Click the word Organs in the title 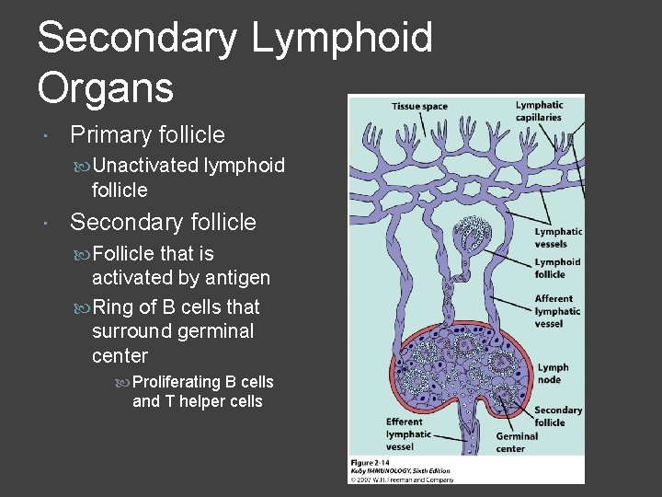[x=105, y=87]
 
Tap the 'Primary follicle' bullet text [x=147, y=135]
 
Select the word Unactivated [x=145, y=166]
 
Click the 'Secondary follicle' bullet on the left [x=163, y=223]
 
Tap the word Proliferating [x=177, y=381]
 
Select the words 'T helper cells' [x=209, y=401]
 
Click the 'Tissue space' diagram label [x=419, y=107]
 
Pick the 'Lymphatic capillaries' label [x=540, y=111]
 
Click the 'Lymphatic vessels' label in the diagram [x=558, y=237]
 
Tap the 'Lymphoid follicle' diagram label [x=557, y=268]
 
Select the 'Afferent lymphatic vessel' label [x=557, y=311]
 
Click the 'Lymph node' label [x=553, y=373]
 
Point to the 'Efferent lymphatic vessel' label [x=408, y=434]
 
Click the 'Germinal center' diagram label [x=517, y=442]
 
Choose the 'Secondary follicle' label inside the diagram [x=558, y=416]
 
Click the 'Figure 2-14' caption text [x=371, y=461]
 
